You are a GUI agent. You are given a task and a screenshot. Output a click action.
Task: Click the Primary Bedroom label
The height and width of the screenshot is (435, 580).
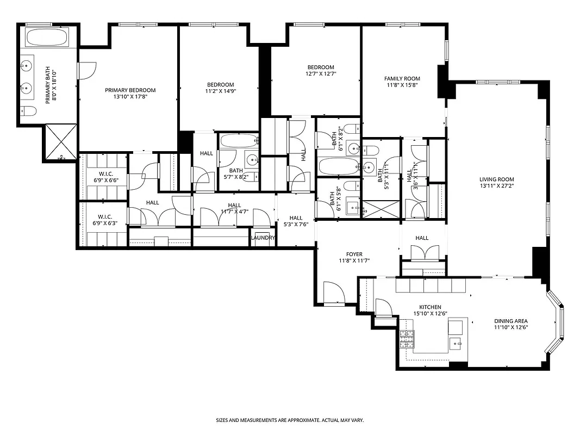click(x=130, y=90)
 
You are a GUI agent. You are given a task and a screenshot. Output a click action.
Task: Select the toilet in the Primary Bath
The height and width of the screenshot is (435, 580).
click(x=29, y=111)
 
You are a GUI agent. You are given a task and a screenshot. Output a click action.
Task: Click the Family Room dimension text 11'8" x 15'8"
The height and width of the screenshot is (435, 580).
click(x=402, y=85)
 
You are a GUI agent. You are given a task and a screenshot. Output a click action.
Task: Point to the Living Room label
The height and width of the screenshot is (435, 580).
click(x=496, y=179)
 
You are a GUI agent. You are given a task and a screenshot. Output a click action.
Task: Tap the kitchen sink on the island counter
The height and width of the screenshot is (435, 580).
click(x=456, y=342)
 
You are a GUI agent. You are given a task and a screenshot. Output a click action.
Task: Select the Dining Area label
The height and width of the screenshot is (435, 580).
click(x=511, y=321)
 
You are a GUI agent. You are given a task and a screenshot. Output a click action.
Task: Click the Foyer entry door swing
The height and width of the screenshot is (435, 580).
click(x=333, y=293)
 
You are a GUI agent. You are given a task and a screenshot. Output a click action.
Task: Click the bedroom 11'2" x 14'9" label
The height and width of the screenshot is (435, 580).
click(x=220, y=84)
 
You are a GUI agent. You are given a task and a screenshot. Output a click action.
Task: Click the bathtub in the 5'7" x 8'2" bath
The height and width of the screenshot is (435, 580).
click(x=239, y=141)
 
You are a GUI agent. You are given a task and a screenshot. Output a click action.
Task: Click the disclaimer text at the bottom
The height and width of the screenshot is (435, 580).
click(x=289, y=420)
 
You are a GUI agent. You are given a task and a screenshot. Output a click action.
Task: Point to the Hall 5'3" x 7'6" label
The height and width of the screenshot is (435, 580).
click(x=296, y=221)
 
